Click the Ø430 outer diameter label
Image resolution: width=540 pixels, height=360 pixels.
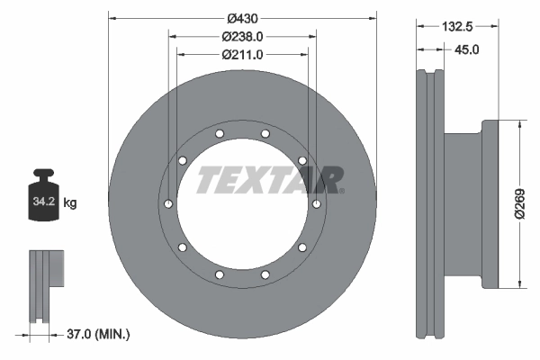pyautogui.click(x=241, y=17)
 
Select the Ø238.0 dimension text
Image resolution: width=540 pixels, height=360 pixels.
pyautogui.click(x=241, y=37)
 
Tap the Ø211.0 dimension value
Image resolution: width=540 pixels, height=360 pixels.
pyautogui.click(x=241, y=55)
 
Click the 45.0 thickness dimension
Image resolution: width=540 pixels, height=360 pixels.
pyautogui.click(x=467, y=51)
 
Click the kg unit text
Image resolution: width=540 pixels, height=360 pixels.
pyautogui.click(x=69, y=203)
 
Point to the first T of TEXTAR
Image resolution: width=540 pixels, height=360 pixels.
pyautogui.click(x=210, y=180)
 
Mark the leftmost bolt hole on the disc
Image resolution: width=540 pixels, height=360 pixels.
pyautogui.click(x=166, y=204)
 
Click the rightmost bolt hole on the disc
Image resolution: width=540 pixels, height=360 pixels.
pyautogui.click(x=317, y=204)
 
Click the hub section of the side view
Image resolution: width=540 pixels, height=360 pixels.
pyautogui.click(x=468, y=204)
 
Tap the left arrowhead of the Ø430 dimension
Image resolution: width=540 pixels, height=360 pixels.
pyautogui.click(x=112, y=17)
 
